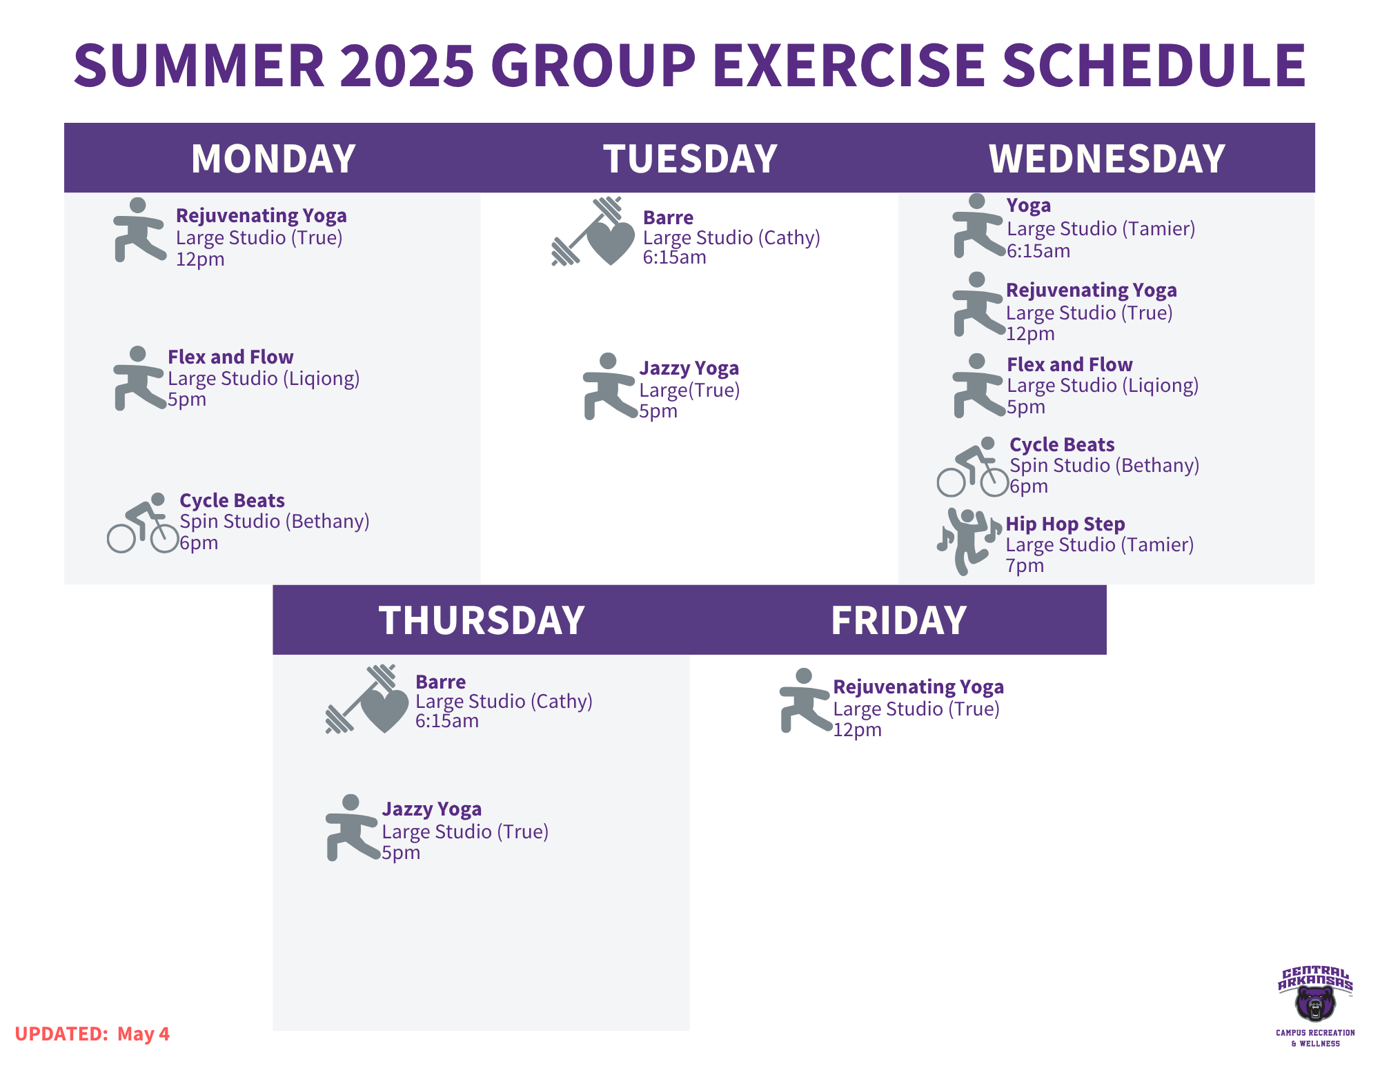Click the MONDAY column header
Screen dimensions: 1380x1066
coord(273,159)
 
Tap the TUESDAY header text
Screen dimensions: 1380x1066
coord(690,159)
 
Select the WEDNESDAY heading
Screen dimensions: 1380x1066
coord(1107,159)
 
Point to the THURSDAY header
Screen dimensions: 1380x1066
coord(482,620)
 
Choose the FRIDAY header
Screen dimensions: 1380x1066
coord(898,620)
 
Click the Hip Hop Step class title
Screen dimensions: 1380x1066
coord(1065,524)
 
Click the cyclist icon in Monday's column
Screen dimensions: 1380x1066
coord(143,523)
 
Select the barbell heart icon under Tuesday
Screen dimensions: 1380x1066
coord(593,231)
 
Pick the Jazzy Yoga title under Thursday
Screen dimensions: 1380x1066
coord(432,809)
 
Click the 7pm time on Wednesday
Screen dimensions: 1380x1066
coord(1025,566)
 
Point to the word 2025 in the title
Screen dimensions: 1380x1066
coord(407,66)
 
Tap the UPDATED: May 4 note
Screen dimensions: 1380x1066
coord(92,1034)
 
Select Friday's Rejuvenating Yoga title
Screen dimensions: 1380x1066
coord(918,687)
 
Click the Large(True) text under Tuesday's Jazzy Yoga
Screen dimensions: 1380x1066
coord(689,391)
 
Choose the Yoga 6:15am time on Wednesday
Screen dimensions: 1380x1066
coord(1038,251)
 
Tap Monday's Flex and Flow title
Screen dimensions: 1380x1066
coord(230,357)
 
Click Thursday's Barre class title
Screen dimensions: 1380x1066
coord(440,682)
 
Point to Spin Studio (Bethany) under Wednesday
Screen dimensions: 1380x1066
coord(1104,466)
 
